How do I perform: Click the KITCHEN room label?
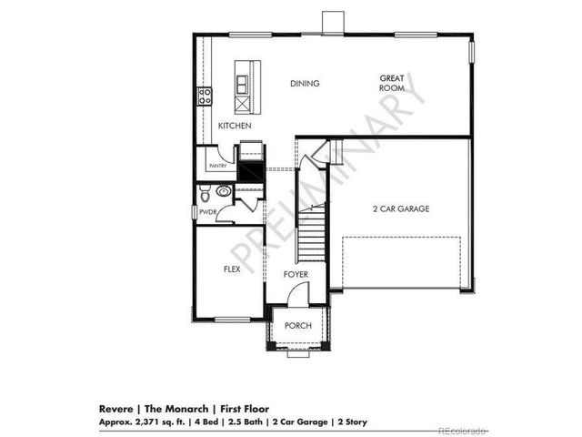234,126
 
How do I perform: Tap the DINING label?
305,84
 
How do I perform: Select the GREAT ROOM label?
392,84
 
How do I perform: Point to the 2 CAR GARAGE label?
401,208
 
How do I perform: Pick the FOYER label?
295,274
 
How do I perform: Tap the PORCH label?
298,325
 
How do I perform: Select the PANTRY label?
217,167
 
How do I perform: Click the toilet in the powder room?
206,193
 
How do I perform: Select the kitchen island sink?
244,85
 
